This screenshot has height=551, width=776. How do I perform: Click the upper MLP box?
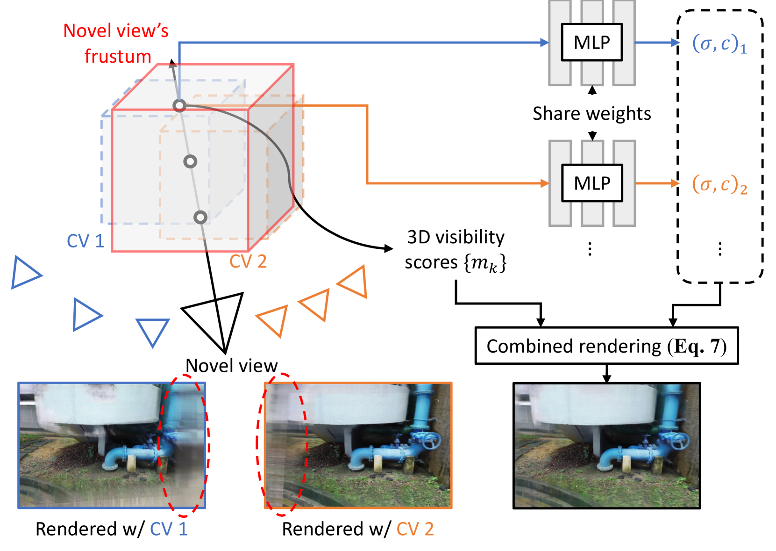click(x=591, y=42)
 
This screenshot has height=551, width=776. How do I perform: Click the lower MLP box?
click(x=591, y=183)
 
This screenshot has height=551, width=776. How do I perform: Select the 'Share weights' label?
click(x=591, y=114)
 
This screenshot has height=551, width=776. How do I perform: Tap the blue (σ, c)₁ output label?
click(x=719, y=43)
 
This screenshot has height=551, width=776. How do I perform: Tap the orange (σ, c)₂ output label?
click(x=719, y=184)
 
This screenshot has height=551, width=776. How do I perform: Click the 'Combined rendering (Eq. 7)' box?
click(x=606, y=346)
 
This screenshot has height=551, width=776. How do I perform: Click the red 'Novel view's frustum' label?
click(x=116, y=43)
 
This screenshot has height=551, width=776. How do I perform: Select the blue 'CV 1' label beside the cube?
click(x=85, y=241)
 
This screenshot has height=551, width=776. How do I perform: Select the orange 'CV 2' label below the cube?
click(x=248, y=261)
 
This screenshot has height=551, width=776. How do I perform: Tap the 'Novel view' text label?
click(x=231, y=365)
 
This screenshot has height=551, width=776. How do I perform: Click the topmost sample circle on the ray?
click(x=179, y=106)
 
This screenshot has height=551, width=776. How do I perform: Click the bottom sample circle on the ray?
click(x=200, y=217)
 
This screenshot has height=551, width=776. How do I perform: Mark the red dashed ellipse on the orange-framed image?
click(x=282, y=444)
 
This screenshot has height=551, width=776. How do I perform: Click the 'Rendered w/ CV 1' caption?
click(x=112, y=529)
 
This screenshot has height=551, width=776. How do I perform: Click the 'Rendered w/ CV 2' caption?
click(x=358, y=529)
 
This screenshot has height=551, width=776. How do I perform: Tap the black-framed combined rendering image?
click(x=606, y=445)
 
